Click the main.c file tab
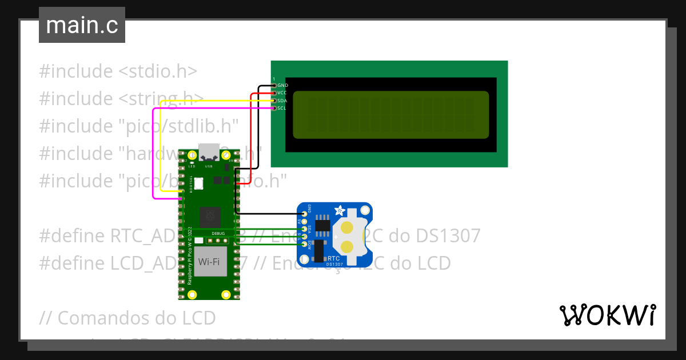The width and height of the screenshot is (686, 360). (x=82, y=25)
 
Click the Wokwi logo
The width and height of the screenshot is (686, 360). (x=607, y=315)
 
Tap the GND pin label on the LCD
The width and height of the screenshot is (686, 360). (x=282, y=85)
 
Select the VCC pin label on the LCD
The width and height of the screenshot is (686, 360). (x=282, y=93)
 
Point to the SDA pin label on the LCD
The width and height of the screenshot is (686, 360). (x=282, y=101)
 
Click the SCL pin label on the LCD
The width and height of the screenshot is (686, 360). (x=282, y=108)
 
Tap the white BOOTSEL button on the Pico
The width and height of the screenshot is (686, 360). (x=199, y=183)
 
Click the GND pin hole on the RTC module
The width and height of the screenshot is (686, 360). (x=305, y=213)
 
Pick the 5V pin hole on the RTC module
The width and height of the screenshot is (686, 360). (x=305, y=221)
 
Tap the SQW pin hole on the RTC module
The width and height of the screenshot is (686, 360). (x=305, y=245)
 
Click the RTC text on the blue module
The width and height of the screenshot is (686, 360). (x=333, y=258)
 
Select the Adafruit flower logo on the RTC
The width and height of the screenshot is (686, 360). (x=340, y=210)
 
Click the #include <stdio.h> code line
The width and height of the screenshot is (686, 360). (x=118, y=71)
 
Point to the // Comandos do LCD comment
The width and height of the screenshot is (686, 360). (x=128, y=317)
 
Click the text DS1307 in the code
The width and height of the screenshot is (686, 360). (x=448, y=235)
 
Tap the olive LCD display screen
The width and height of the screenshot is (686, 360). (x=391, y=115)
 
